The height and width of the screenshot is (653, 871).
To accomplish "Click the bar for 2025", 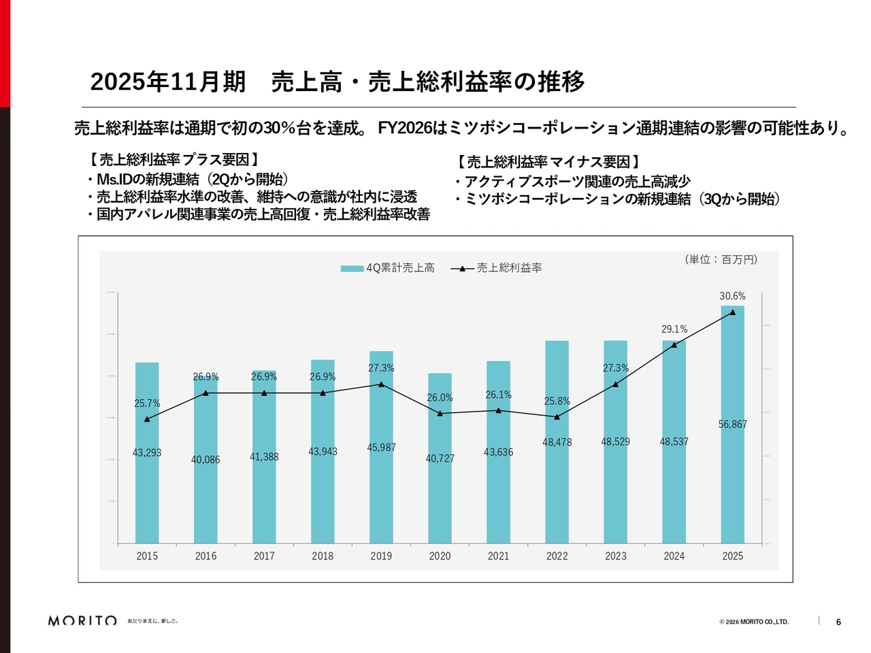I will (x=732, y=476).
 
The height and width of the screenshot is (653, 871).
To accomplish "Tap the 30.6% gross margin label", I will (x=732, y=296).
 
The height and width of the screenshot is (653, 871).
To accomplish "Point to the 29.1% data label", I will (x=674, y=329).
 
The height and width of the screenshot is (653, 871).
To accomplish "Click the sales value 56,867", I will (x=732, y=424).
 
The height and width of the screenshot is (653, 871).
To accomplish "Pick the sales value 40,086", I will (x=206, y=460).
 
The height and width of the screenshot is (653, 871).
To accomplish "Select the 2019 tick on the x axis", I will (x=381, y=556).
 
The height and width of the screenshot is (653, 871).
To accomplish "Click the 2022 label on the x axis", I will (x=557, y=556).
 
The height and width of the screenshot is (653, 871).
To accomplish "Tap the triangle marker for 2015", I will (x=147, y=419).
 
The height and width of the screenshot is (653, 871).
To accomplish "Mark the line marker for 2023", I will (x=615, y=384).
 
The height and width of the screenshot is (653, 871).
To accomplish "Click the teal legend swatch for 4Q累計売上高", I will (x=352, y=268).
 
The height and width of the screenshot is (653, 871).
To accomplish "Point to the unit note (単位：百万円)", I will (x=721, y=259).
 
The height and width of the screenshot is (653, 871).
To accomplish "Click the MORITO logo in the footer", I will (x=82, y=620).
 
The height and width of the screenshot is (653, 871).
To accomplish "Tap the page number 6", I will (x=838, y=622).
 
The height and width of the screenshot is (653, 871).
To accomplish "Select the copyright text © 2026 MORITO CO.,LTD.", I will (x=754, y=622).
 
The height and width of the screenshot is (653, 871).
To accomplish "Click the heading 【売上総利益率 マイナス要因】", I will (x=547, y=162).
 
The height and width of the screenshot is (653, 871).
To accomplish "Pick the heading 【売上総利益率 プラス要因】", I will (x=174, y=160).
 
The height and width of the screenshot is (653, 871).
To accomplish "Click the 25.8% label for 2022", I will (x=557, y=401).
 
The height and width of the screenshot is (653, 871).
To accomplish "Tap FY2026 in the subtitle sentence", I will (x=405, y=128).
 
